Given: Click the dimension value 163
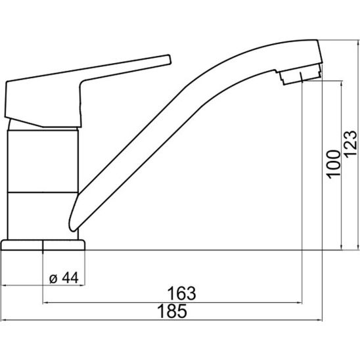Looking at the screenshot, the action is point(181,293).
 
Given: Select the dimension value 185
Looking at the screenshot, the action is point(172,311).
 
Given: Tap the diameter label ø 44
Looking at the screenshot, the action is point(64,278).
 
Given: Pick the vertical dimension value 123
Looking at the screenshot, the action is point(351,144).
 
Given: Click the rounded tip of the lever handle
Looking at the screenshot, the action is point(169,60).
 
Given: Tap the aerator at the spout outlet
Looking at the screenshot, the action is point(300,74).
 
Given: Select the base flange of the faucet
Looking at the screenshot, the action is point(43,245).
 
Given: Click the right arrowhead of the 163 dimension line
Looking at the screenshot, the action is point(299,303).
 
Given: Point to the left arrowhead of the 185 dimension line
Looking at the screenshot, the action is point(4,320).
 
